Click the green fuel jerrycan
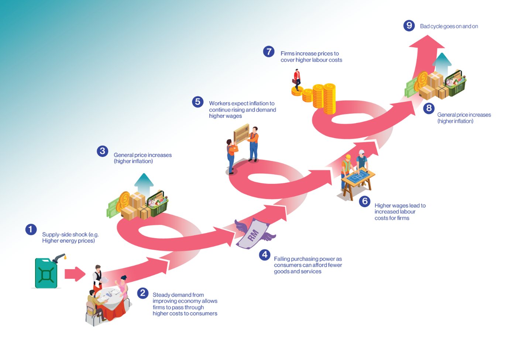click(x=46, y=273)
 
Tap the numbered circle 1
click(x=31, y=229)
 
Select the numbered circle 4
click(x=265, y=255)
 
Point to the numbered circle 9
click(x=409, y=25)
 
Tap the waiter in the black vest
click(x=97, y=276)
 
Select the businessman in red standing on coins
click(x=297, y=79)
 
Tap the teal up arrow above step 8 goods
click(x=442, y=64)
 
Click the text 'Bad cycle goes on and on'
click(x=449, y=26)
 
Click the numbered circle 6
click(x=365, y=201)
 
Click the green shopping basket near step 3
click(x=158, y=204)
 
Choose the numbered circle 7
click(x=269, y=52)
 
